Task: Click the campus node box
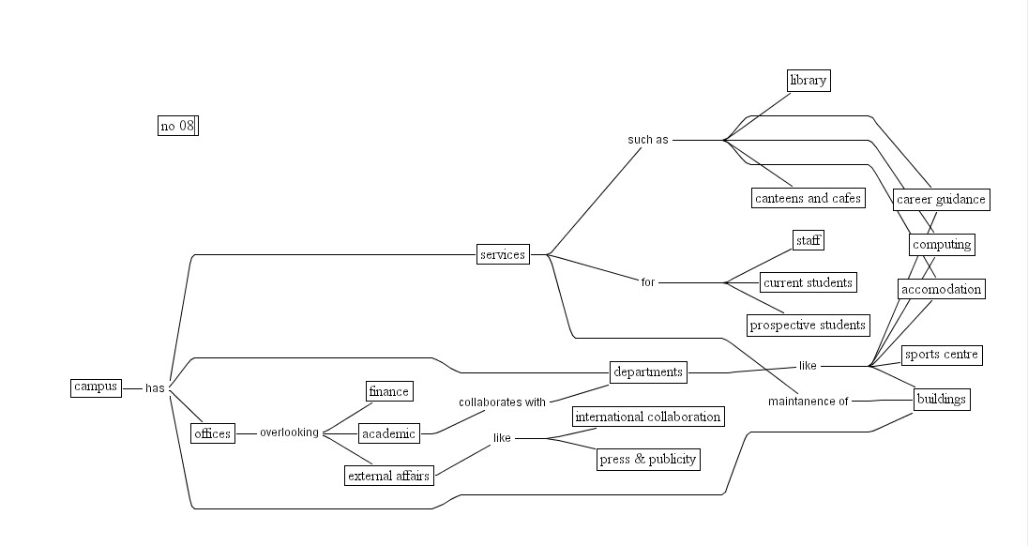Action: coord(96,387)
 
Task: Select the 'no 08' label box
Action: coord(177,126)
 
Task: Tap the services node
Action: coord(503,254)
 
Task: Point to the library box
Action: coord(808,80)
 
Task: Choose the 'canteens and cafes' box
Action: coord(808,198)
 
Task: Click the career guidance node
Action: coord(941,199)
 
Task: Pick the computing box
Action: coord(942,244)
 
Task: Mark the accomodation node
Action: coord(941,289)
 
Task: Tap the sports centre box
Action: coord(941,355)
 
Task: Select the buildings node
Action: coord(941,399)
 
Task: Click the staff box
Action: coord(809,241)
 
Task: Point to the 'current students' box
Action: coord(808,282)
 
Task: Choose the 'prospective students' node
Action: coord(808,325)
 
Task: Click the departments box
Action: coord(648,372)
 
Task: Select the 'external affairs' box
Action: coord(388,476)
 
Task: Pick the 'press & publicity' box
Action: coord(648,459)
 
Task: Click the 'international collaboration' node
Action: coord(648,417)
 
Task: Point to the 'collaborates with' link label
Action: coord(502,402)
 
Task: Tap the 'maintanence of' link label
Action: coord(808,402)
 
